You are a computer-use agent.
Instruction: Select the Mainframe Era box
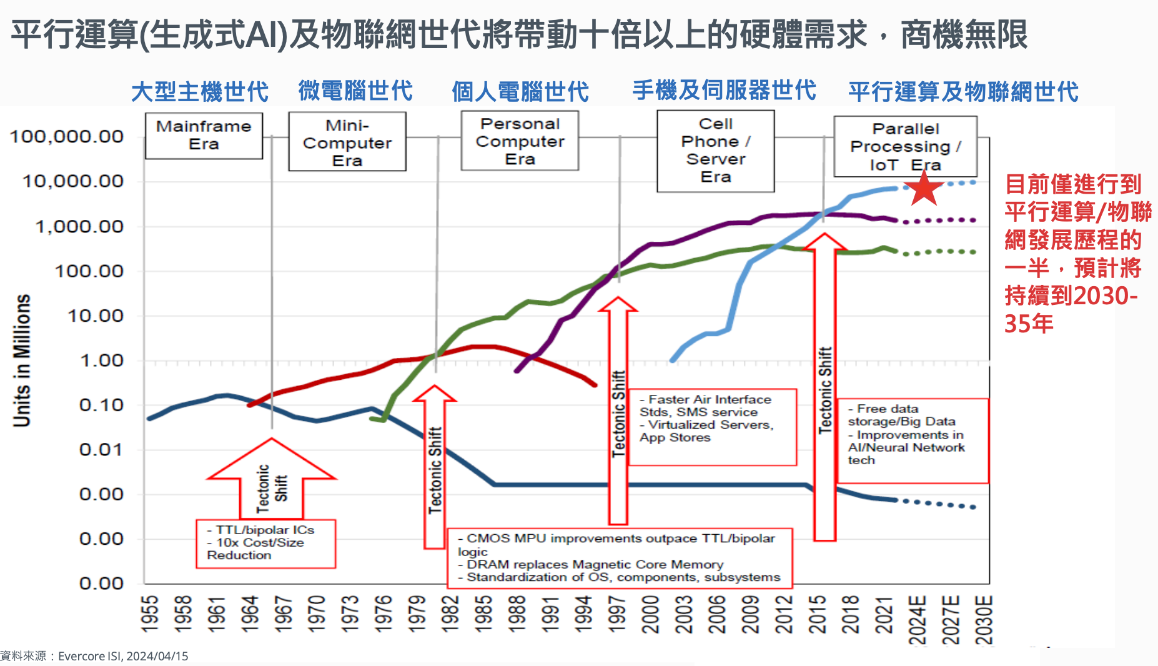tap(204, 135)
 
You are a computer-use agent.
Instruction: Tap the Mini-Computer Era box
tap(347, 142)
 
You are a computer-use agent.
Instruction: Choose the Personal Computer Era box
tap(520, 141)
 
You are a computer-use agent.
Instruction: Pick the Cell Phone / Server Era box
tap(715, 151)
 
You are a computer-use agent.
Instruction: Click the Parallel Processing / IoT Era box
tap(905, 146)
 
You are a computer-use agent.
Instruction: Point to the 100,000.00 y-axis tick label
tap(67, 136)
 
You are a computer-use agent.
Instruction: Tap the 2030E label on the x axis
tap(984, 619)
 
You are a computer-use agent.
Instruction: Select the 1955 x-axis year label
tap(150, 614)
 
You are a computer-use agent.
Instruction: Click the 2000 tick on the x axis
tap(651, 614)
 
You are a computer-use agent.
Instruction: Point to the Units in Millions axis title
tap(22, 360)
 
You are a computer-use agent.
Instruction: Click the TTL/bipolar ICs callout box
tap(265, 543)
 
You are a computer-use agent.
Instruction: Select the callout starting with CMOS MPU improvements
tap(620, 558)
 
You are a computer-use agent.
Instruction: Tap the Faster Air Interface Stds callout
tap(712, 426)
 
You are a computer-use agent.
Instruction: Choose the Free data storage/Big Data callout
tap(912, 440)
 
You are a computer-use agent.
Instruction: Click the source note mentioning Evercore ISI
tap(94, 656)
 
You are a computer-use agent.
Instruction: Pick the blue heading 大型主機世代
tap(200, 92)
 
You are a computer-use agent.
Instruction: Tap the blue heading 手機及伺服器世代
tap(724, 91)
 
